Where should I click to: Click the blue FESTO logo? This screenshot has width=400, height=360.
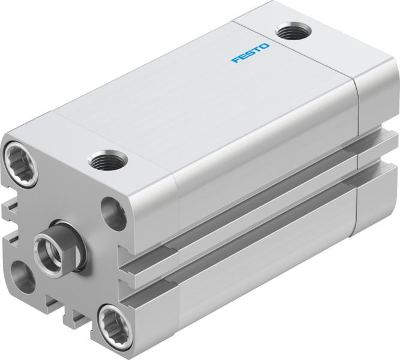click(251, 52)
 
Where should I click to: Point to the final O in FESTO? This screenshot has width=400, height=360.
click(266, 46)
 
